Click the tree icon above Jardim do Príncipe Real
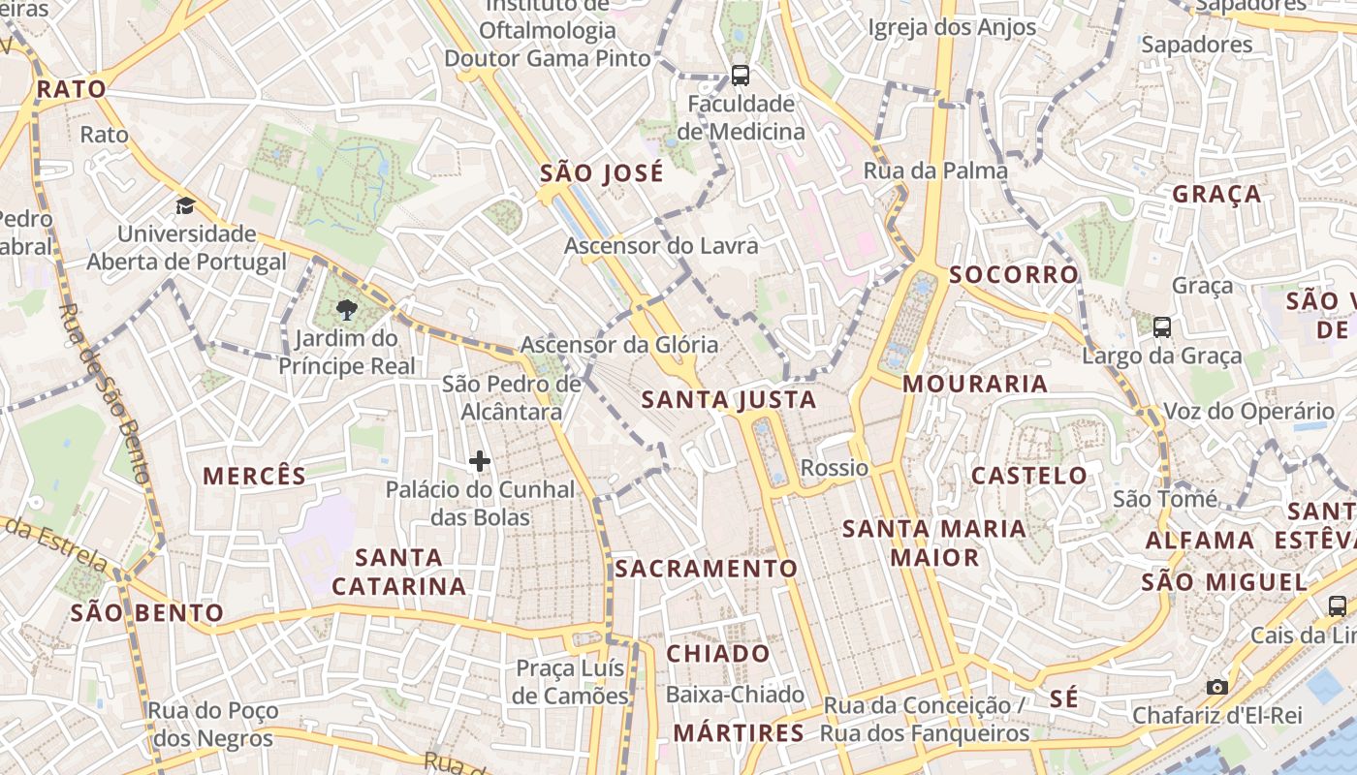pos(346,310)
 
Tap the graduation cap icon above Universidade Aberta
pos(185,205)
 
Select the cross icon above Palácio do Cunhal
pos(480,461)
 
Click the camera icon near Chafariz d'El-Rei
pos(1217,687)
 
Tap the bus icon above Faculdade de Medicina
pos(741,75)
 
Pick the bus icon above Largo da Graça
pos(1162,326)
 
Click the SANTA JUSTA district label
pos(729,400)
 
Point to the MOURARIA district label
pos(975,384)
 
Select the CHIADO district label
pos(718,653)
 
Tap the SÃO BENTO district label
pos(147,613)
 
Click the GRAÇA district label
pos(1217,194)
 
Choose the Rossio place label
pos(835,468)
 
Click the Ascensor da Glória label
pos(619,345)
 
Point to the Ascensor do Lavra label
pos(661,246)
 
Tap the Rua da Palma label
pos(935,170)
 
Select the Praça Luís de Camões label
pos(572,682)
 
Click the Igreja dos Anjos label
pos(952,27)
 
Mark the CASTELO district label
pos(1029,476)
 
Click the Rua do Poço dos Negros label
pos(211,725)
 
